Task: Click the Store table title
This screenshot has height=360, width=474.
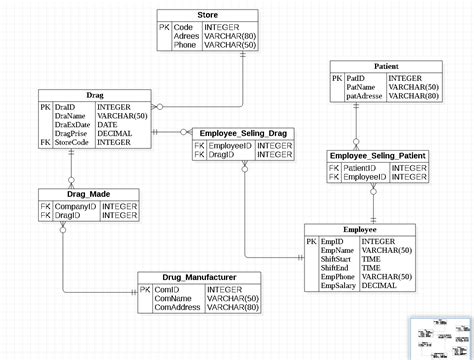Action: pos(208,15)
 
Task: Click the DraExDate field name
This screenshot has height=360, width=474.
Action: pos(75,124)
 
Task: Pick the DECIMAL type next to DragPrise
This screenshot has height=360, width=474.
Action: pos(115,133)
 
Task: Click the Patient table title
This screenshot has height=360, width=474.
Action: pos(385,65)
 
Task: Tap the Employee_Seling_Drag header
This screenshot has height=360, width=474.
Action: pos(243,133)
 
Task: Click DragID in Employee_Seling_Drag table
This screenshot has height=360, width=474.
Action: pos(221,155)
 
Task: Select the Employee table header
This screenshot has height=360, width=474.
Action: pos(360,230)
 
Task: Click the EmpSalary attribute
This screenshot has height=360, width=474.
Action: pos(339,286)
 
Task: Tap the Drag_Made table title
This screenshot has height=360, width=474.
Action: pos(89,193)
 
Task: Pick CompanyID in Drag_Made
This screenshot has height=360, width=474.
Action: pos(74,205)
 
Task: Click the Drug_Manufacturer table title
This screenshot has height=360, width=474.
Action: pos(199,277)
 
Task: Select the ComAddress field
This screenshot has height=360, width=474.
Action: pos(178,308)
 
